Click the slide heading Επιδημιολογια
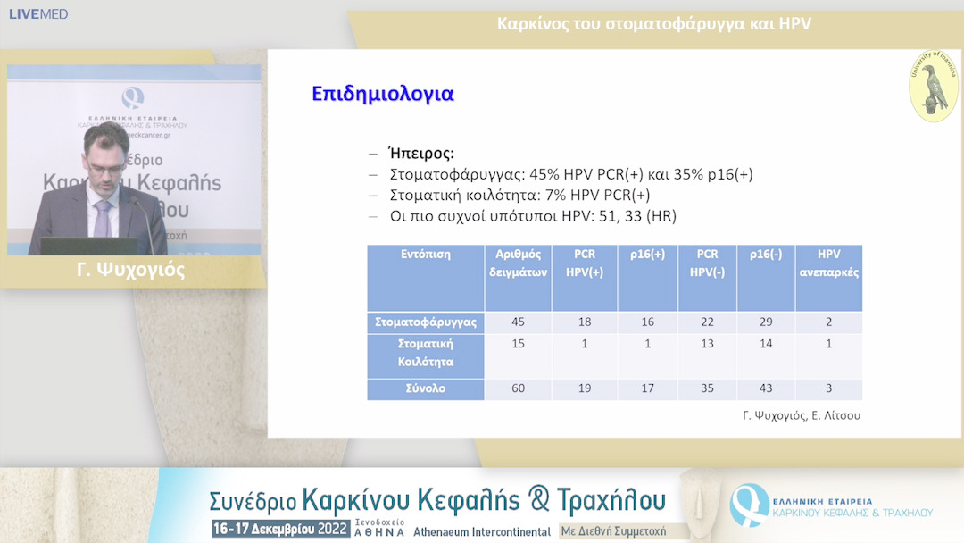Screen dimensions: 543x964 382,94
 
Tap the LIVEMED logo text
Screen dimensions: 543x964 38,14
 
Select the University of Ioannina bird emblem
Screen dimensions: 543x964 934,87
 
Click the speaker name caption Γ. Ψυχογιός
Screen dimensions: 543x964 131,271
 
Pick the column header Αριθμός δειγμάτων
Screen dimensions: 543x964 518,263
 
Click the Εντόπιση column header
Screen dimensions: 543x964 425,255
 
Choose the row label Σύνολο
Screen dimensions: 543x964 425,388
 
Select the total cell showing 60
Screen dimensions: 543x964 518,388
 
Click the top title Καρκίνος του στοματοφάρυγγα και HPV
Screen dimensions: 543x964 653,24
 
